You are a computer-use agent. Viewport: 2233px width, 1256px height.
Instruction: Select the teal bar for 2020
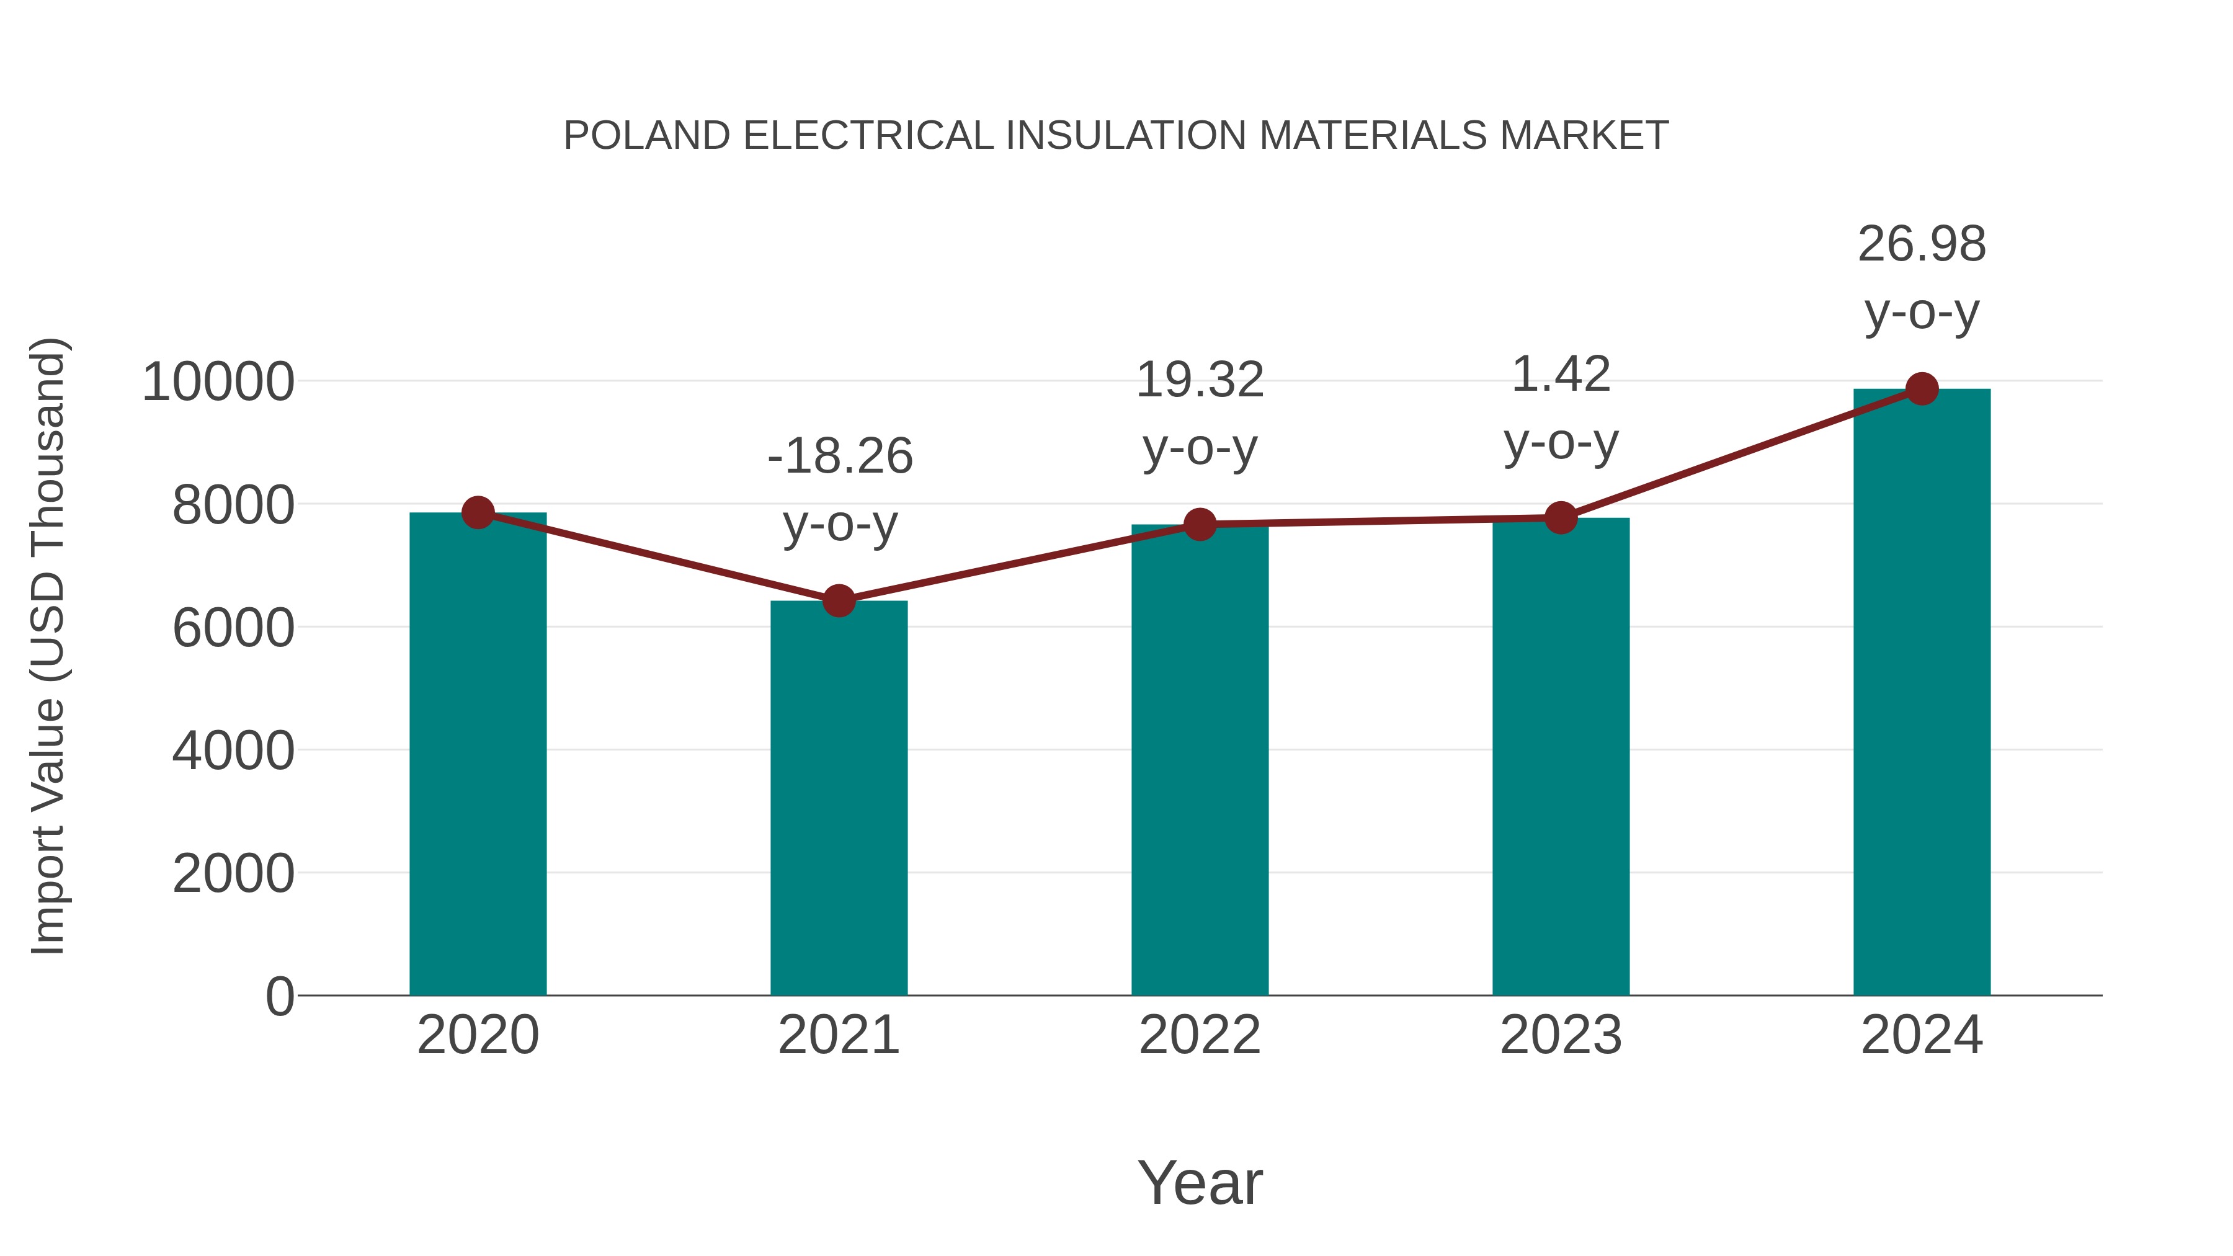[x=478, y=754]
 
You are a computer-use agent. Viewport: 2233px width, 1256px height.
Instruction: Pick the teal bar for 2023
[x=1561, y=756]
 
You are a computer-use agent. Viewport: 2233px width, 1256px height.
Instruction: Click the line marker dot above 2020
[x=478, y=512]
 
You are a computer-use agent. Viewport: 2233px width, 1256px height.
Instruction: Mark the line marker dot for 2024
[x=1922, y=389]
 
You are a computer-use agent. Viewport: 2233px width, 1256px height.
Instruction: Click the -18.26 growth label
[x=840, y=457]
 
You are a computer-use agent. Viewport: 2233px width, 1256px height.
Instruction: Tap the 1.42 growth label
[x=1561, y=375]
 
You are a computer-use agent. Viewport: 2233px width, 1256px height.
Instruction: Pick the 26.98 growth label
[x=1922, y=244]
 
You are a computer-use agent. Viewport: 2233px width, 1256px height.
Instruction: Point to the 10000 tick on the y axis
[x=218, y=381]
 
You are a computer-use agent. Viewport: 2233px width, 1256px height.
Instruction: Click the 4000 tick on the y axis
[x=233, y=750]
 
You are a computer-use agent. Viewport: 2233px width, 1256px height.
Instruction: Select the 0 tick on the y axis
[x=279, y=996]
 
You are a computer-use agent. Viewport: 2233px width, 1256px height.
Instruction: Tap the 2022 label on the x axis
[x=1200, y=1035]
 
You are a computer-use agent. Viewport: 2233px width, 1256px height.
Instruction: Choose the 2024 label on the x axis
[x=1922, y=1035]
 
